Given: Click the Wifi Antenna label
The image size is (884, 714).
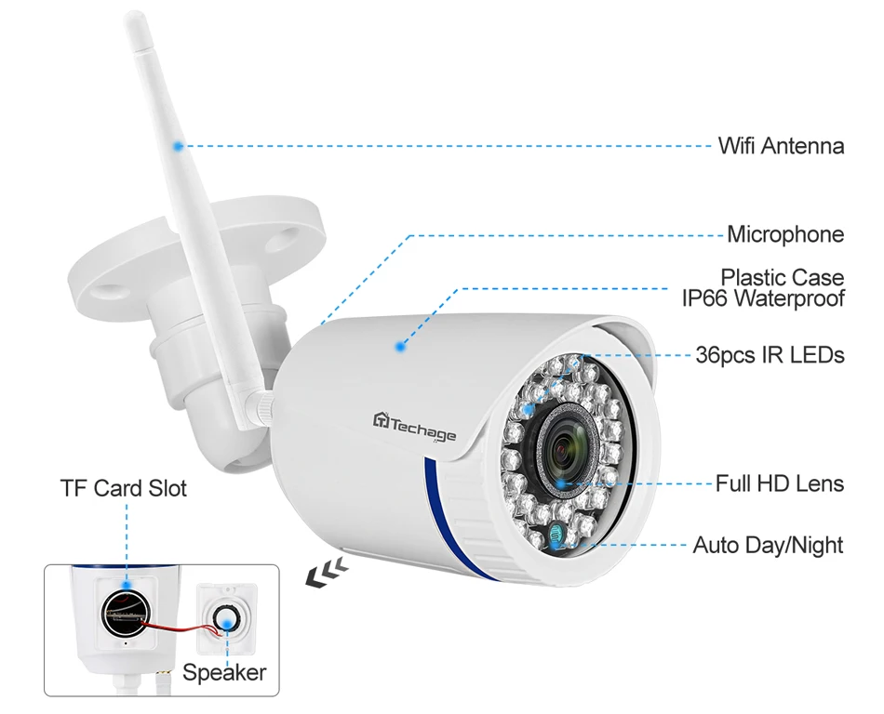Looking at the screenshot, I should (x=781, y=146).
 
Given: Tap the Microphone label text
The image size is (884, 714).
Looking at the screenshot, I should (x=785, y=234).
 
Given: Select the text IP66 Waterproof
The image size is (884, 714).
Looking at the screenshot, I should (x=763, y=298).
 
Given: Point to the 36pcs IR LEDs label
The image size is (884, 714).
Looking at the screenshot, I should (x=770, y=355).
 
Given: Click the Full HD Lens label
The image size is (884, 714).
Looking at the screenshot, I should (x=779, y=483).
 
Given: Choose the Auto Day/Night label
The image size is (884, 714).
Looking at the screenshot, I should (x=768, y=545).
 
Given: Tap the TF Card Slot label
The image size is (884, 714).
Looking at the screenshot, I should (x=123, y=488).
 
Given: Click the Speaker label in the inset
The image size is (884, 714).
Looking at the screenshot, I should (x=224, y=672).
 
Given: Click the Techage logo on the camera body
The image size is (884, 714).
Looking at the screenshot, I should (x=416, y=428).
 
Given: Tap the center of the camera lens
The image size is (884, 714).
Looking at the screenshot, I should (x=564, y=451).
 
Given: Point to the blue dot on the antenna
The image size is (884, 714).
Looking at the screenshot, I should (x=178, y=145).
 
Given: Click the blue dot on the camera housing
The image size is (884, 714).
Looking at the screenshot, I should (x=400, y=347).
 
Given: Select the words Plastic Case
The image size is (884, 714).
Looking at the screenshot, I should (x=783, y=277).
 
